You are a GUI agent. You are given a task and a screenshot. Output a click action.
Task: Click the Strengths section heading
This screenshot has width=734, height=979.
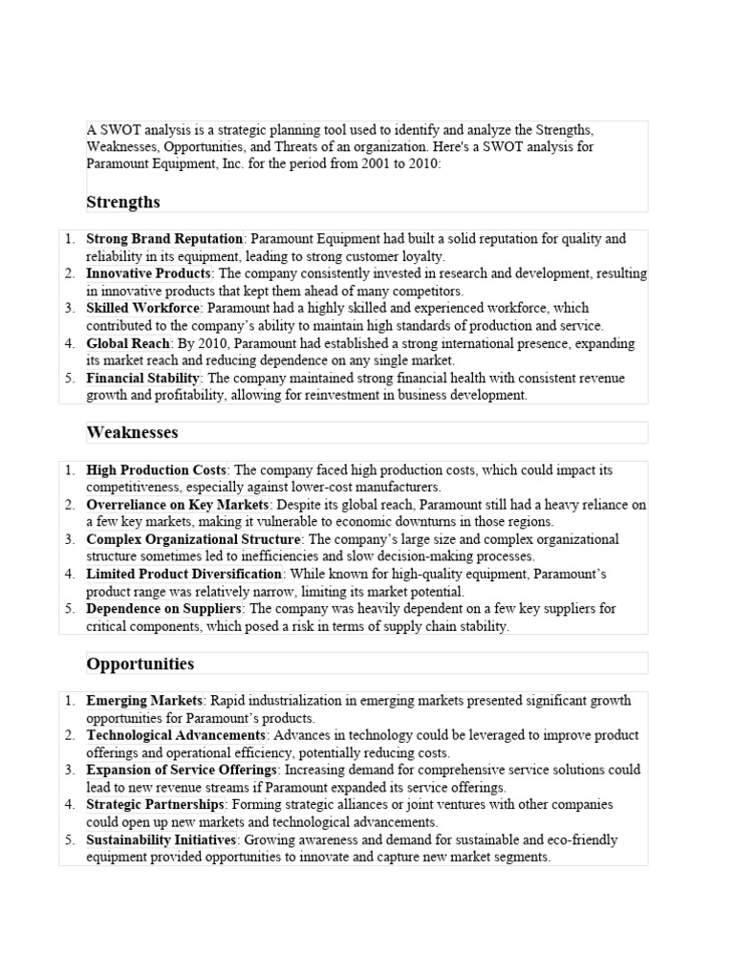pos(123,202)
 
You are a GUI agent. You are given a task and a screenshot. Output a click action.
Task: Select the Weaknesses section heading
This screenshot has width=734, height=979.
pos(132,433)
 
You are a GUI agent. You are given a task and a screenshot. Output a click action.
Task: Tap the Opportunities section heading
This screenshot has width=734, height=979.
pos(140,664)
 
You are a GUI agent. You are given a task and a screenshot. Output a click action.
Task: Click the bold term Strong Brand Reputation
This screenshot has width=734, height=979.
pos(165,238)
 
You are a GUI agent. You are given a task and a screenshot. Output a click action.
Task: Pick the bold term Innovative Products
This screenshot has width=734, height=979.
pos(149,273)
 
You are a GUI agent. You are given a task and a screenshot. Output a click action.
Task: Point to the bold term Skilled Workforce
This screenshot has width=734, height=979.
pos(143,308)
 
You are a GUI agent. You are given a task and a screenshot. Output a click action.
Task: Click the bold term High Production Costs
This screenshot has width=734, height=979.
pos(156,470)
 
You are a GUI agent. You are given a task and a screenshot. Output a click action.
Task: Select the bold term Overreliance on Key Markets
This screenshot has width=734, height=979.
pos(179,505)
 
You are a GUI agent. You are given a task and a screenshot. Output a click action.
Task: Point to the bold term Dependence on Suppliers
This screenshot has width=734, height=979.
pos(164,609)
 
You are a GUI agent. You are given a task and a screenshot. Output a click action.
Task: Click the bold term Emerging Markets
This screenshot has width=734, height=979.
pos(144,701)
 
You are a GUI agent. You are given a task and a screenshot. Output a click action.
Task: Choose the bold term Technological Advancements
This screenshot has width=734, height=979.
pos(176,735)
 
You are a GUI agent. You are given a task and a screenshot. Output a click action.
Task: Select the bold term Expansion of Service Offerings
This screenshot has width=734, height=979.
pos(182,770)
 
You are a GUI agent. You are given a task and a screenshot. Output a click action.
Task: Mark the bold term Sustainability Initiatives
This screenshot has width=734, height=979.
pos(161,839)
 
